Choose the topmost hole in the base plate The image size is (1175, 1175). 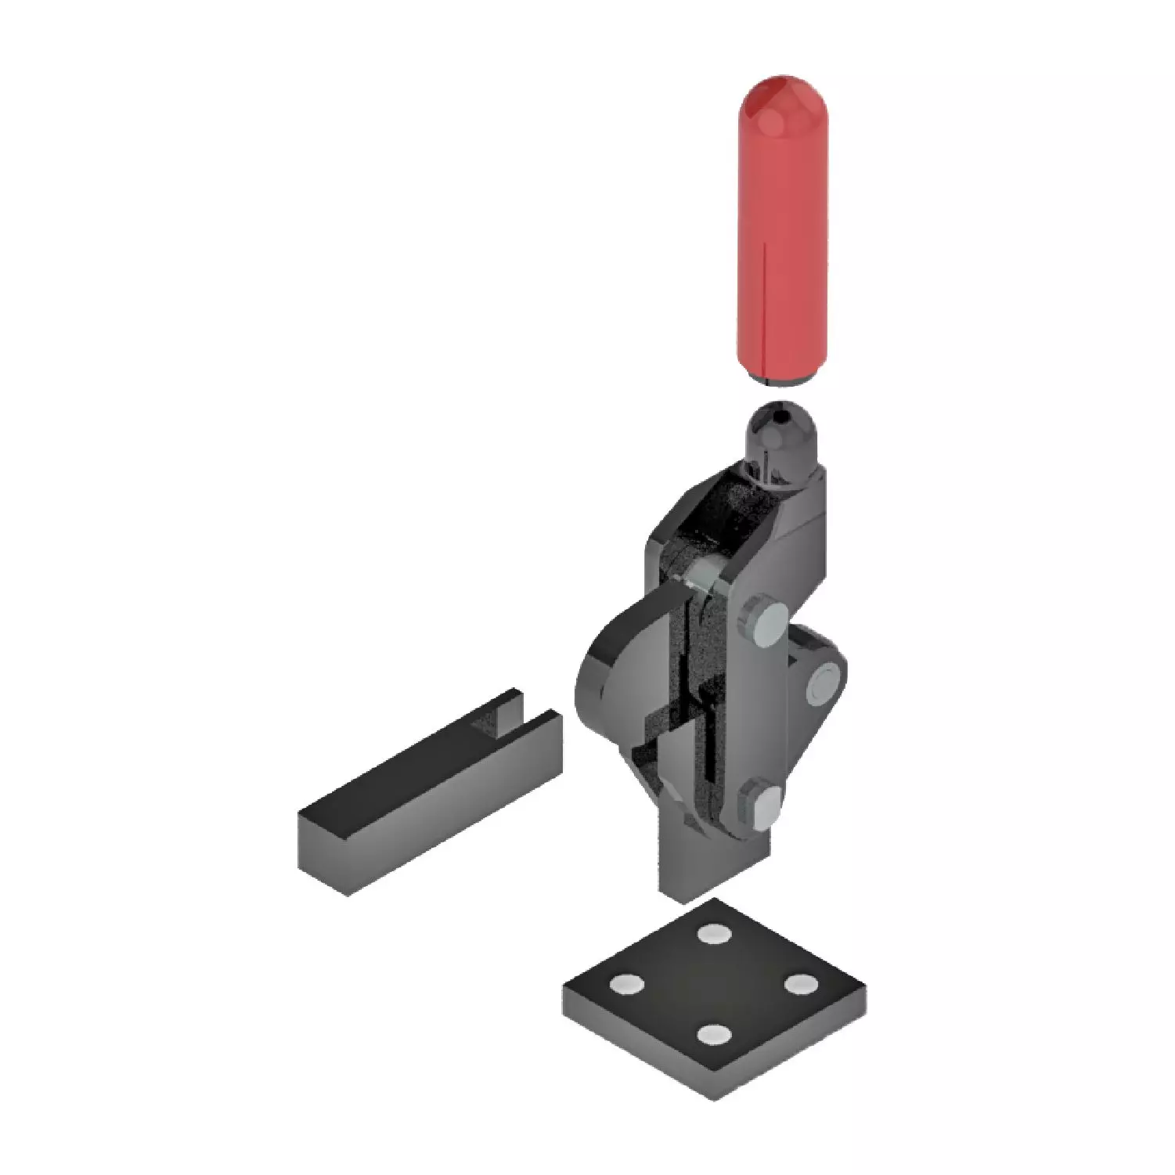(712, 933)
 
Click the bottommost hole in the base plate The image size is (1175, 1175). (713, 1036)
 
